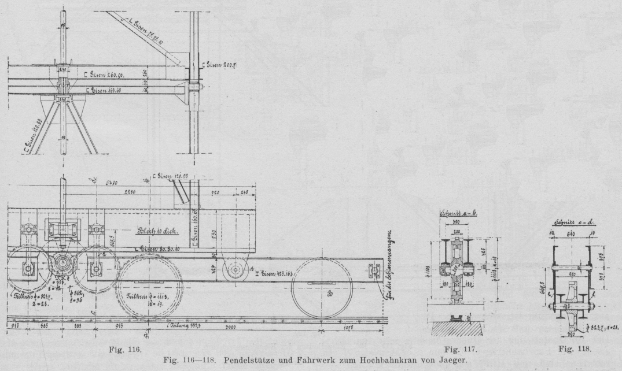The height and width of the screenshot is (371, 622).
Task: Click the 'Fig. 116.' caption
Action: pos(130,350)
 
